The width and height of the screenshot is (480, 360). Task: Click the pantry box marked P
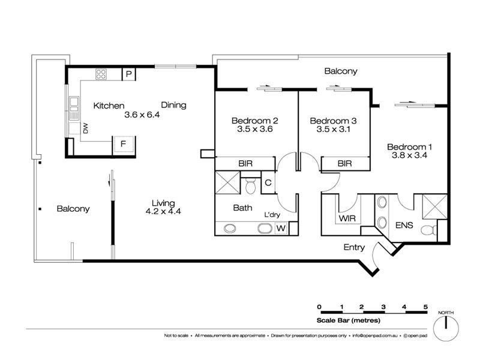click(x=129, y=74)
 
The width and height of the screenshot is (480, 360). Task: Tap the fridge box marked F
click(x=124, y=144)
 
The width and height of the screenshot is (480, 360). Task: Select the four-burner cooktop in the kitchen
click(x=101, y=74)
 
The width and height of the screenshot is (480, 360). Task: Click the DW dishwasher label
click(x=85, y=128)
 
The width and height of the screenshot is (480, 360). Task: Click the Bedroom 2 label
click(x=254, y=121)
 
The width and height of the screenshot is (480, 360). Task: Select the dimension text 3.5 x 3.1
click(x=333, y=129)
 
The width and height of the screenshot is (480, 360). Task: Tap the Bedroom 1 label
click(x=409, y=147)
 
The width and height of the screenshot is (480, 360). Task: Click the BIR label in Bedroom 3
click(x=344, y=164)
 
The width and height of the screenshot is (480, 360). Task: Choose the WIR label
click(x=347, y=218)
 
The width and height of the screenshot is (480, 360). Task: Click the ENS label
click(x=404, y=226)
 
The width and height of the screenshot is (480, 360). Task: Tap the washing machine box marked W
click(x=281, y=228)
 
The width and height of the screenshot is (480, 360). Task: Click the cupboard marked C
click(x=268, y=183)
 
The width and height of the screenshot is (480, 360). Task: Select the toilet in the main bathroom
click(x=250, y=185)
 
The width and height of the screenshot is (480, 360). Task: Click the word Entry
click(x=354, y=247)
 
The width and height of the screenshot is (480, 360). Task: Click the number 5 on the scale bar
click(x=425, y=307)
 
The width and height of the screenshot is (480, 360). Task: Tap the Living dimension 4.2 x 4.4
click(x=163, y=211)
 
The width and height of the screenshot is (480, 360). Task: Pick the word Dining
click(x=173, y=106)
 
